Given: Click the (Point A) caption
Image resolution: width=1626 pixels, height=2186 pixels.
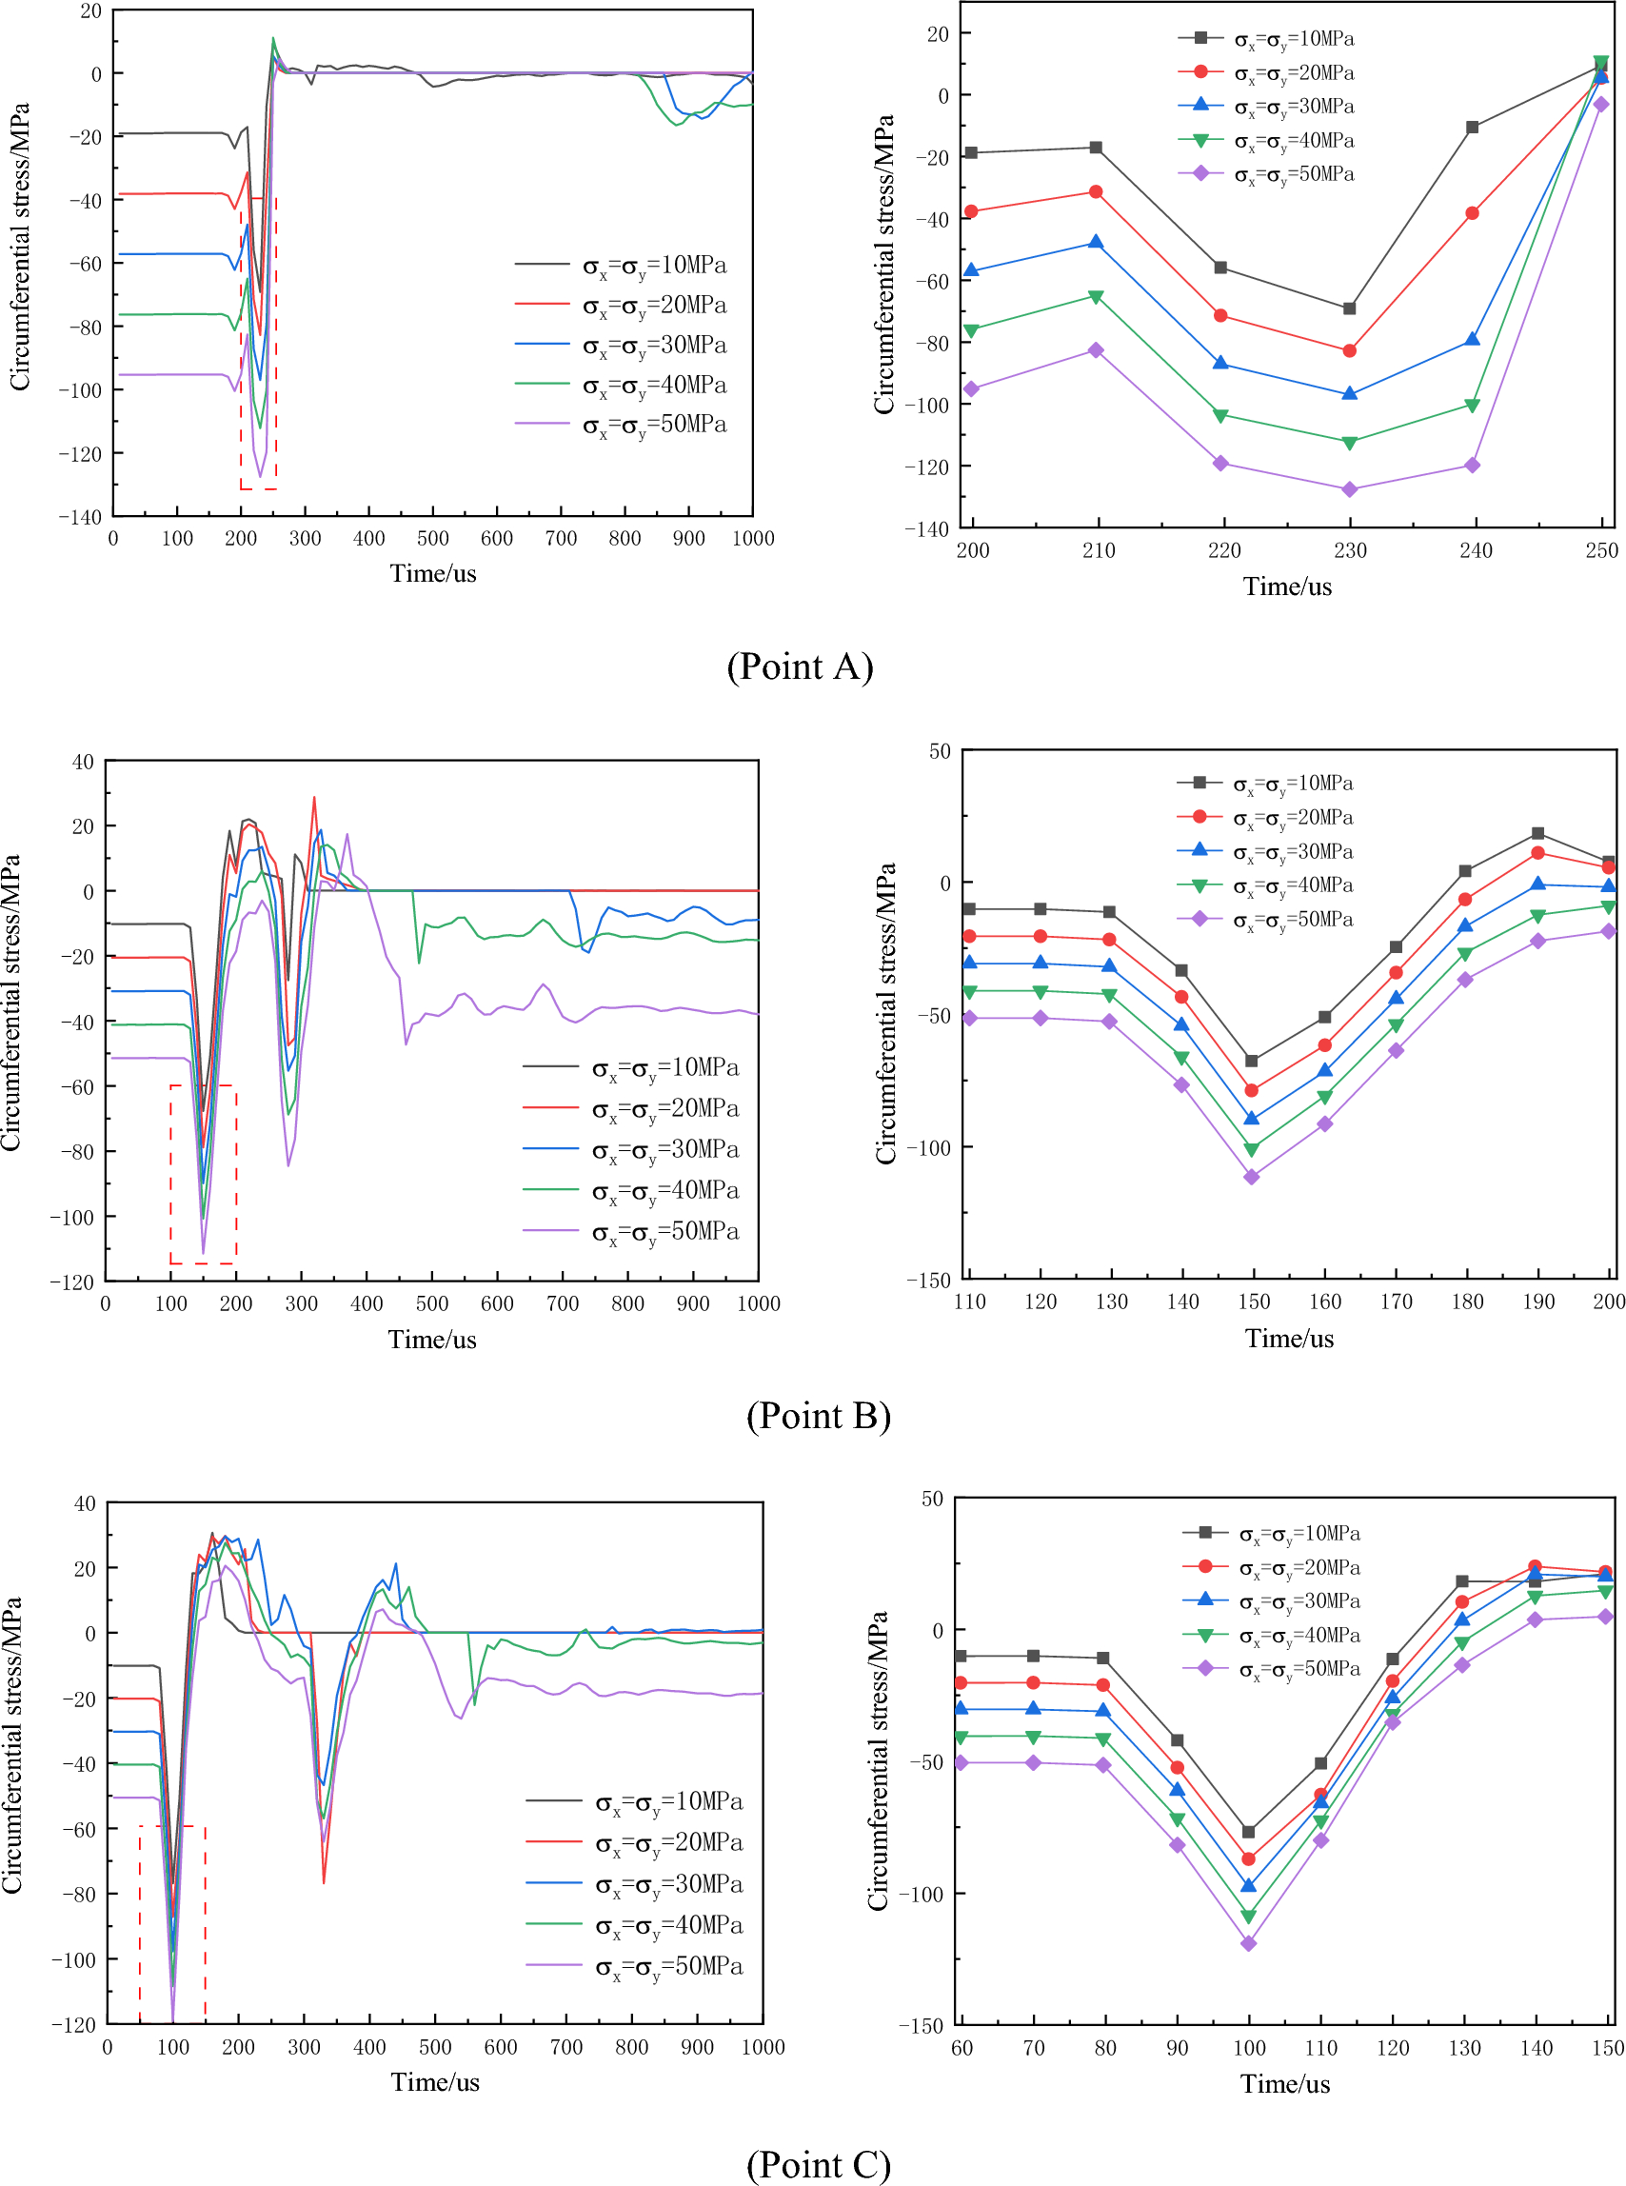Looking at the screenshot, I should (800, 666).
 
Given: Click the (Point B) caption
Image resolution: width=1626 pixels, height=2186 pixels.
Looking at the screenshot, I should (818, 1416).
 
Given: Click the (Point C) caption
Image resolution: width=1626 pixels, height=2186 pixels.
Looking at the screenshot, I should (818, 2164).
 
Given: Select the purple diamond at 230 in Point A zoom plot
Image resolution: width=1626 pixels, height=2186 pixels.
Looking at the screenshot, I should (1349, 489).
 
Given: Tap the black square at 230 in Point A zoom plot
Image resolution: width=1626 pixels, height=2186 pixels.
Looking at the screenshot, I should (1349, 309).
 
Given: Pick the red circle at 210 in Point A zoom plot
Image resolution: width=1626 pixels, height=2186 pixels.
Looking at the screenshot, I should (1096, 192).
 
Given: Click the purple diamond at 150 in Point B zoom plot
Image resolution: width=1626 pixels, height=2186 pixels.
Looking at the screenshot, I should (1252, 1177).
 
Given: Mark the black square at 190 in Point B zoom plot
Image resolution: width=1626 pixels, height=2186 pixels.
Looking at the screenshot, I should (1538, 834).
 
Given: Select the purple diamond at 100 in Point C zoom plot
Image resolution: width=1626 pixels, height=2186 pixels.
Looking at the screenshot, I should (1249, 1944).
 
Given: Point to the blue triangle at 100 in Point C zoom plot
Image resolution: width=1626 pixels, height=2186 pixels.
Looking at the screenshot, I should (1249, 1886).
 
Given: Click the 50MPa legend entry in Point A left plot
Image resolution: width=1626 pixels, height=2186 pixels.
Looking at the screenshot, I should (654, 425).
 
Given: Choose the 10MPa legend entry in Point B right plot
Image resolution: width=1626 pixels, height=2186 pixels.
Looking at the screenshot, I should (1293, 784).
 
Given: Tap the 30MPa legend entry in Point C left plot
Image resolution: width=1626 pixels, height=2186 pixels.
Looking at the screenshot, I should (668, 1884).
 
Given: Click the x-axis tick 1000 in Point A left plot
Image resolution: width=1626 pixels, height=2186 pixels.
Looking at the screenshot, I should (753, 538).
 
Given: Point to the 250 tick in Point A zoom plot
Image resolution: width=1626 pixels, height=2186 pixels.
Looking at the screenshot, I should (1601, 550).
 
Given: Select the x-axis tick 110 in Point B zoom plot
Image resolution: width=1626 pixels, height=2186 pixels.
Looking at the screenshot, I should (969, 1302).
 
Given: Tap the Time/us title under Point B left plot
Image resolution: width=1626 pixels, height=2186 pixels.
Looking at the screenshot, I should (432, 1340).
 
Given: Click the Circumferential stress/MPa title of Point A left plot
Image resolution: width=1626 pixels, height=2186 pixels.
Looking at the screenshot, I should (20, 246).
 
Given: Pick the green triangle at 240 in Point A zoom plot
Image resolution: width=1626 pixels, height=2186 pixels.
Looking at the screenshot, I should (1473, 406).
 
